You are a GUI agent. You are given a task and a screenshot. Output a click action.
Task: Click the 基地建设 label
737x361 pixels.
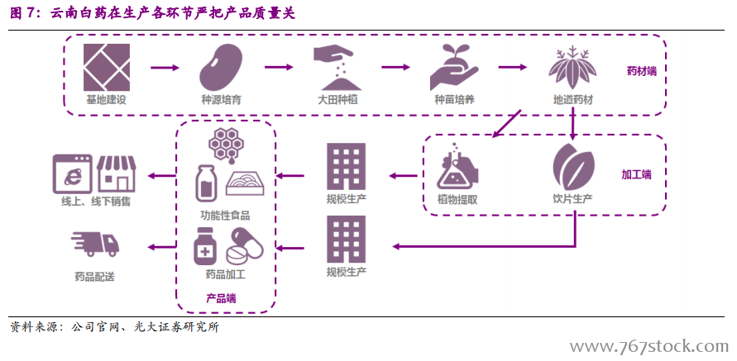click(106, 100)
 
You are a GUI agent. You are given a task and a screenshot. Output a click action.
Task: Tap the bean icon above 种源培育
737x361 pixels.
click(221, 69)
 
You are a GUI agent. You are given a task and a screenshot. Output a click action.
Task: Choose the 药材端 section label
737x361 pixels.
click(641, 70)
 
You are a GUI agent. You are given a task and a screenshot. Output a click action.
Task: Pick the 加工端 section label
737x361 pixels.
click(636, 174)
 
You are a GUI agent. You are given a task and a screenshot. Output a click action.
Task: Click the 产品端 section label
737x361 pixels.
click(221, 297)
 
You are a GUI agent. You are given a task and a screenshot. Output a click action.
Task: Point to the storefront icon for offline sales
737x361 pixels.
click(116, 173)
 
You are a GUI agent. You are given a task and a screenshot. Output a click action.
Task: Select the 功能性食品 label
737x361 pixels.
click(224, 216)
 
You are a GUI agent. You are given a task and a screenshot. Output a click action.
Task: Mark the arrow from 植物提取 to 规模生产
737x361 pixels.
click(403, 175)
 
